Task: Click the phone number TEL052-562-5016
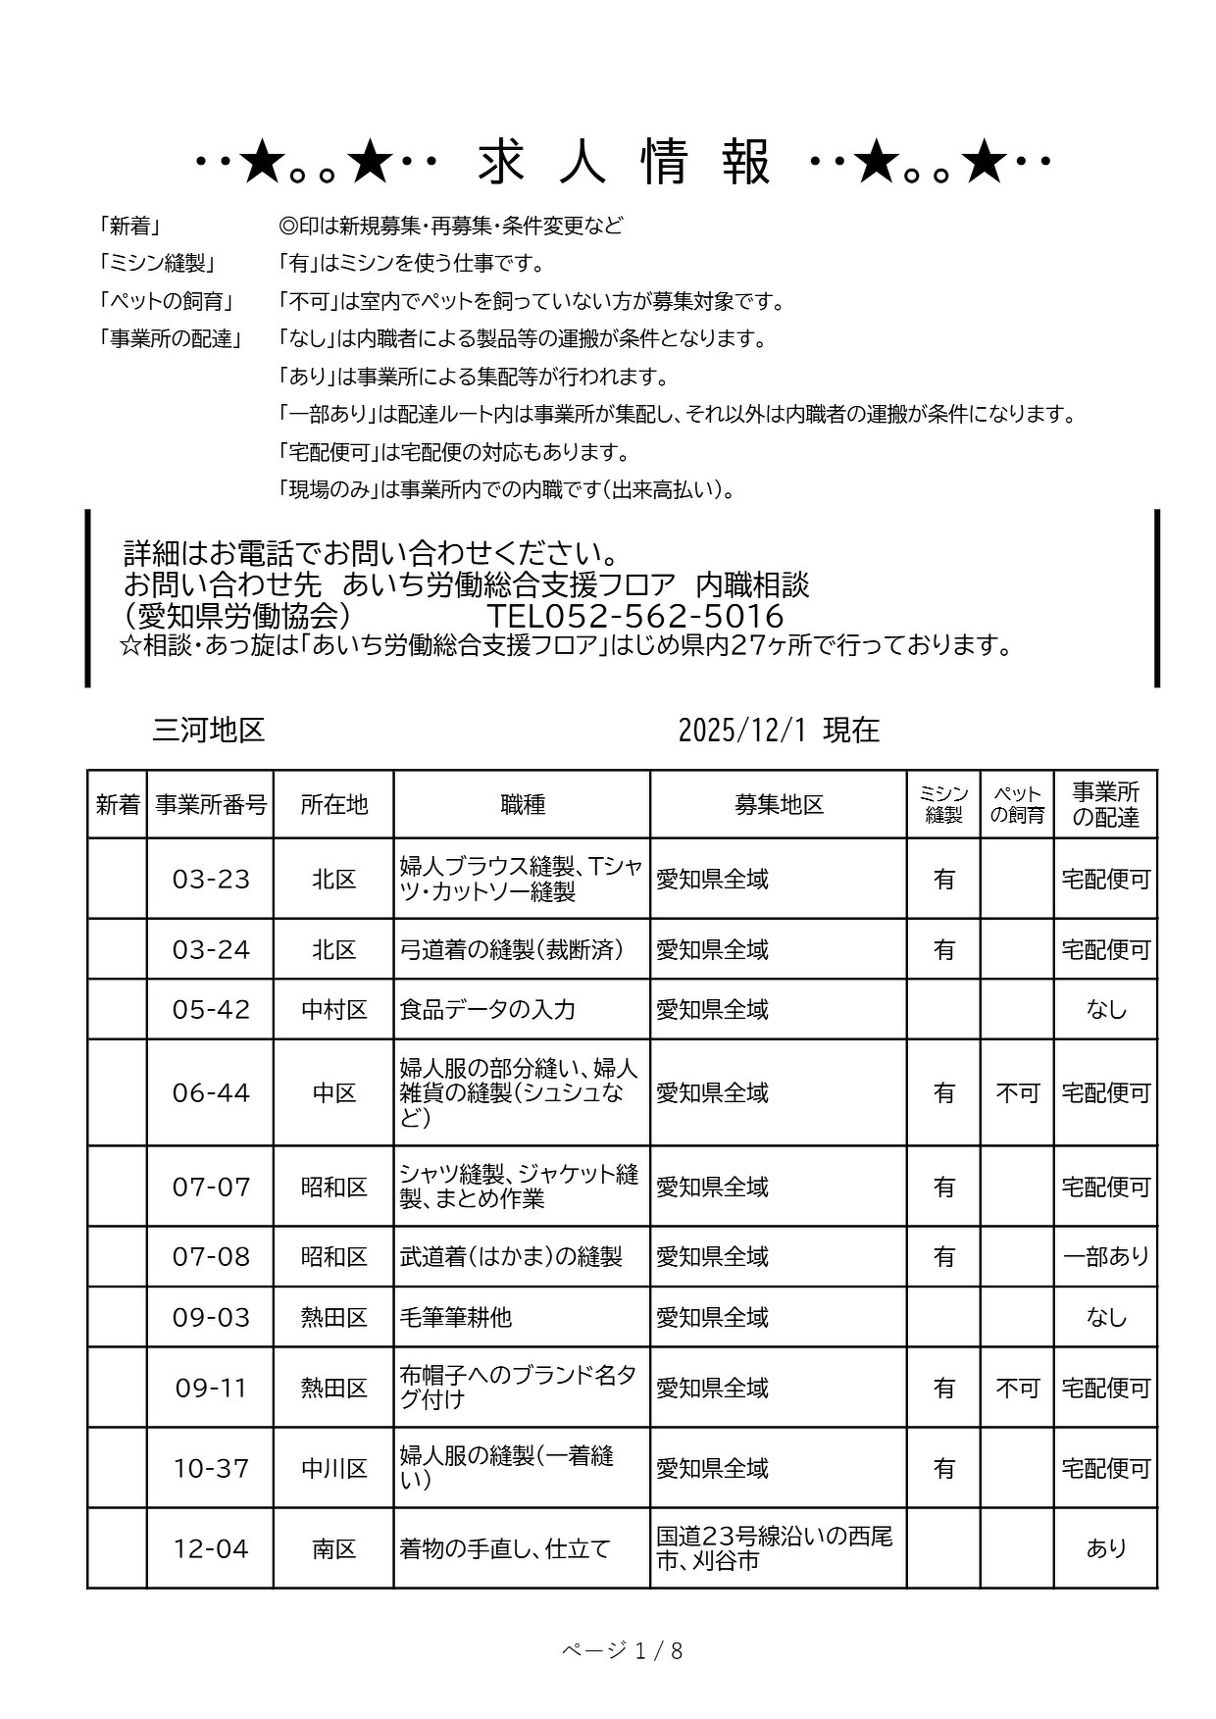coord(634,616)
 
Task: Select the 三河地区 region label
coord(209,731)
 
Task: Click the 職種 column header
coord(522,805)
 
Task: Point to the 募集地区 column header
coord(778,805)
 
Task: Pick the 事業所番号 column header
coord(210,805)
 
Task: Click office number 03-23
coord(211,880)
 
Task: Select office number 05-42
coord(211,1010)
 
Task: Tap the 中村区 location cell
coord(333,1010)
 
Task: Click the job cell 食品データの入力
coord(487,1010)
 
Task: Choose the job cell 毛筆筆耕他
coord(456,1317)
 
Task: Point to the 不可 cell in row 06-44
coord(1017,1093)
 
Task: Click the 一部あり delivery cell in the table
coord(1105,1257)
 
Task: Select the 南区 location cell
coord(333,1549)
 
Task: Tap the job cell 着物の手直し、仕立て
coord(505,1549)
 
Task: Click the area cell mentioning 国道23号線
coord(775,1548)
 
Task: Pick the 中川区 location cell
coord(333,1469)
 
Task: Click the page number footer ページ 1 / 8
coord(622,1651)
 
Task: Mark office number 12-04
coord(211,1549)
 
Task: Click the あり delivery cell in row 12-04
coord(1105,1549)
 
